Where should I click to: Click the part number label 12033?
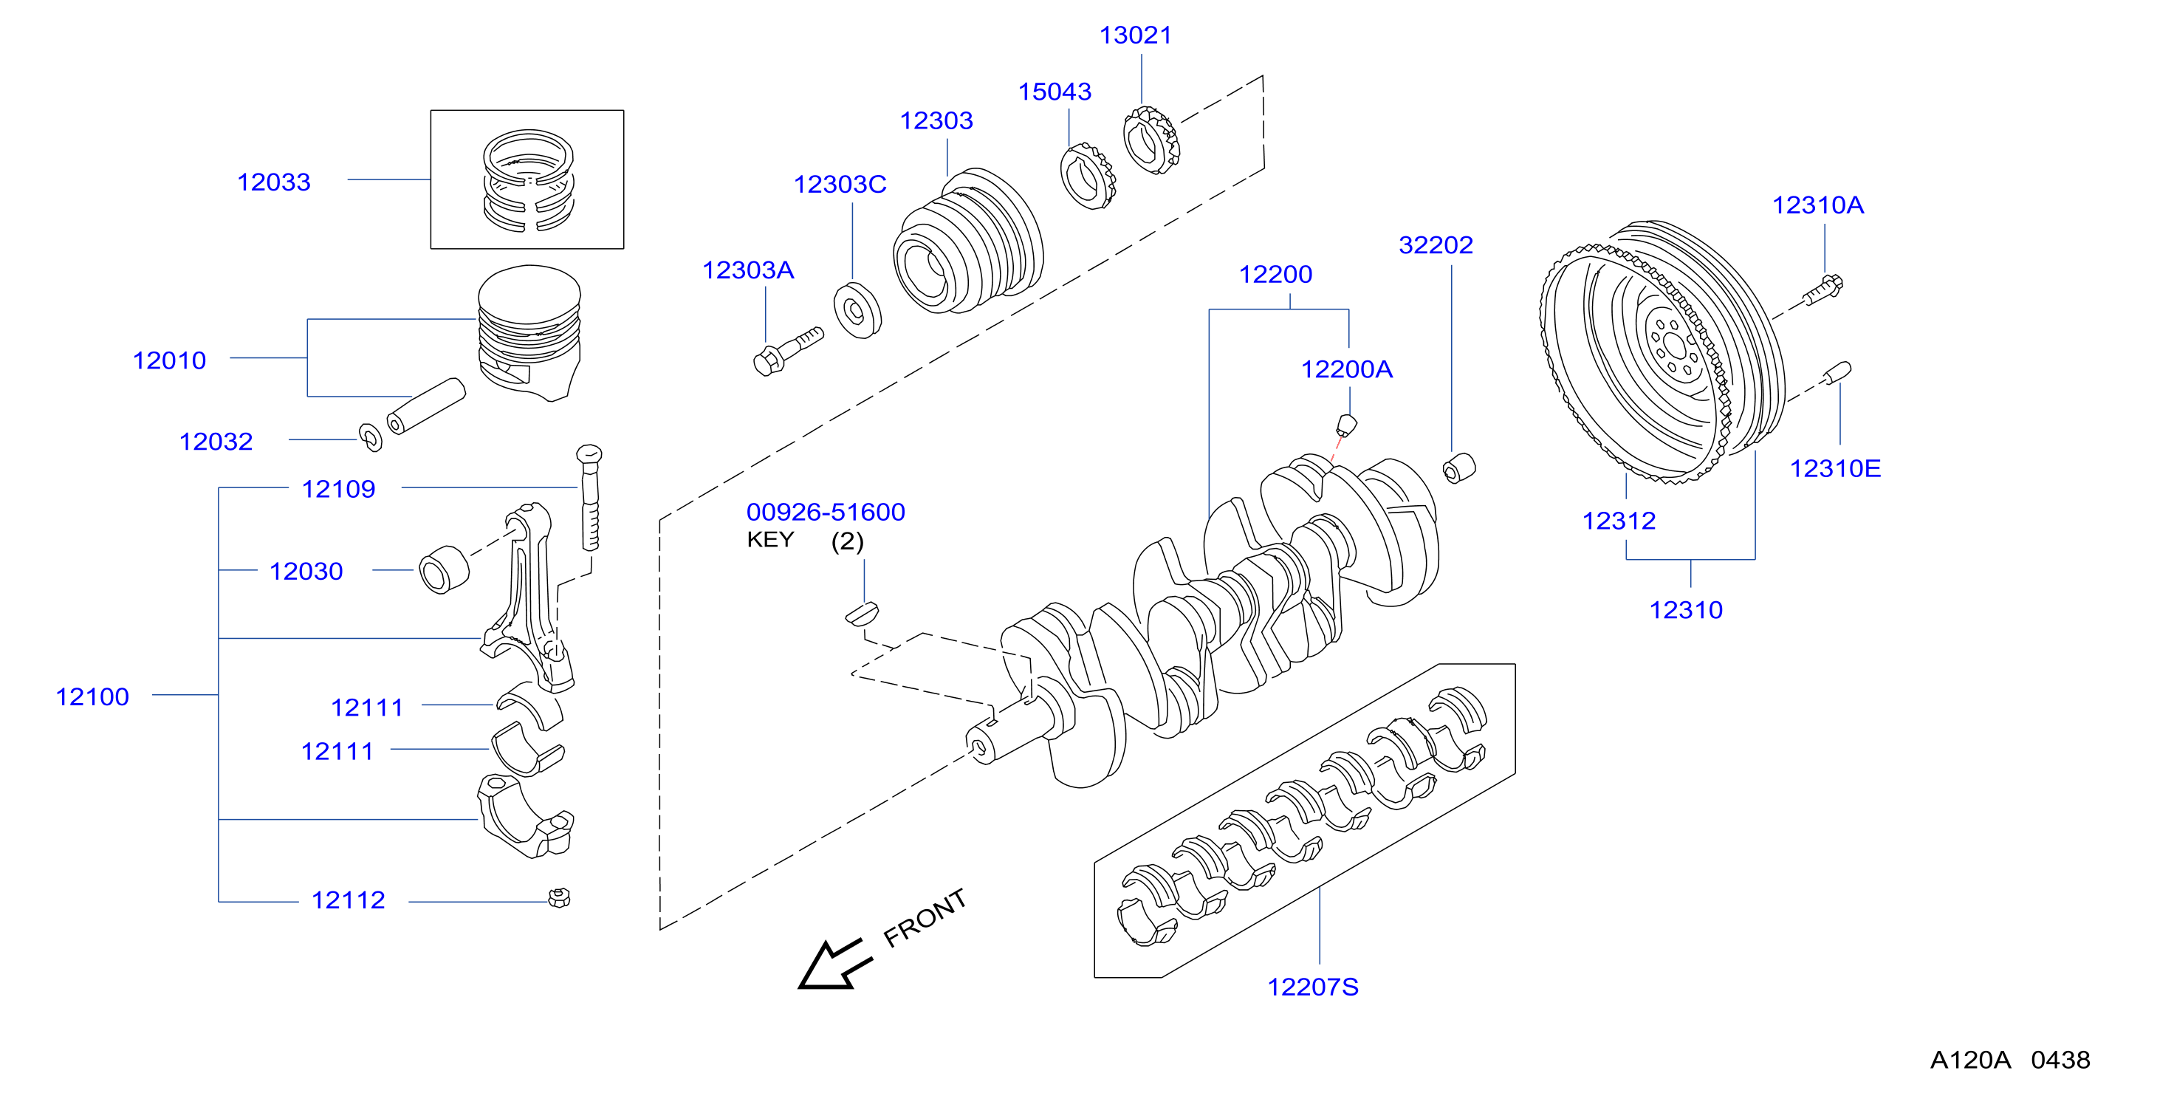(x=273, y=182)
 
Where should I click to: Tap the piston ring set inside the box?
(x=528, y=180)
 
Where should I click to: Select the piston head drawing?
(x=529, y=332)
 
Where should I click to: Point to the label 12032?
(x=216, y=442)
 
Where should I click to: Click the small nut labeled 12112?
(x=559, y=897)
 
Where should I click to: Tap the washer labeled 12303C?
(x=857, y=311)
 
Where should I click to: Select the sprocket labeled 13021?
(x=1151, y=140)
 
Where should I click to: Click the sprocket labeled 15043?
(x=1088, y=176)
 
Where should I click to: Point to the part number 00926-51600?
(x=826, y=512)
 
